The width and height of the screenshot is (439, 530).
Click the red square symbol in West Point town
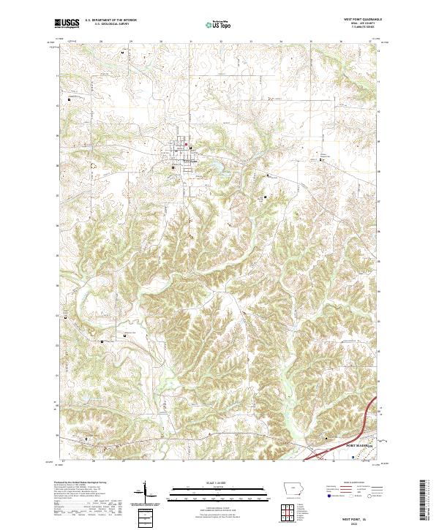[x=186, y=144]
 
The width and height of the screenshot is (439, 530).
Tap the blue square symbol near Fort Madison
[x=353, y=458]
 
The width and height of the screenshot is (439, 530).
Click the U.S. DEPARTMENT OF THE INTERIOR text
[x=110, y=20]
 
